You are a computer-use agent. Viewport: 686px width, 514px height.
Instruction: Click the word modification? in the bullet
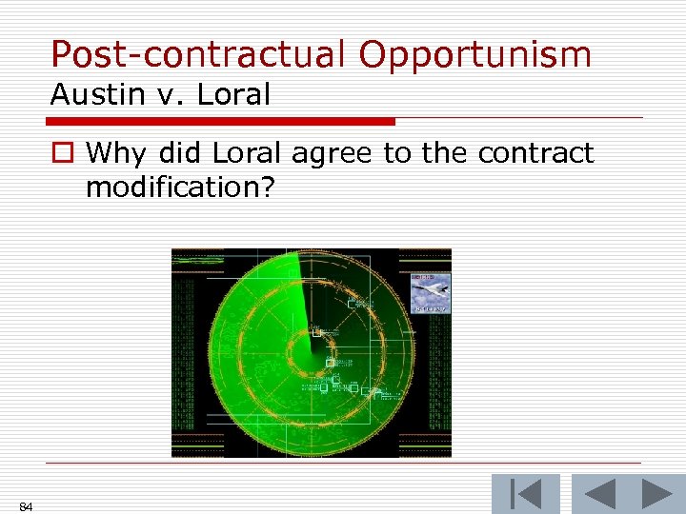click(x=180, y=187)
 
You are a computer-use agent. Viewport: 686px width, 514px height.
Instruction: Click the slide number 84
click(x=26, y=507)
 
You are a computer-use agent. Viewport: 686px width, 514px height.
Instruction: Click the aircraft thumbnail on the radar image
click(x=430, y=293)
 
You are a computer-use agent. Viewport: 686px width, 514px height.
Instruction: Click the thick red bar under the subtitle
click(x=220, y=122)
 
